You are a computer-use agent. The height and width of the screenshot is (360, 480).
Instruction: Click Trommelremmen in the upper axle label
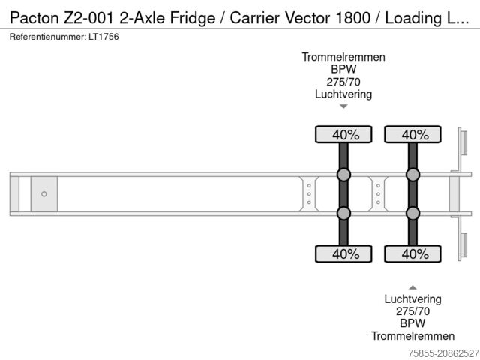click(x=343, y=57)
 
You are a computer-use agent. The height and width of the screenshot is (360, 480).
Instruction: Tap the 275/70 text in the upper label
click(x=343, y=82)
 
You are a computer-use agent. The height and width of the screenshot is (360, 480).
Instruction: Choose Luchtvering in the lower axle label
click(x=412, y=298)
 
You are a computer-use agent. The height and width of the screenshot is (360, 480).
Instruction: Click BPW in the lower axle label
click(x=412, y=323)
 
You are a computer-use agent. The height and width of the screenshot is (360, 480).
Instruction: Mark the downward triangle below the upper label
click(x=343, y=106)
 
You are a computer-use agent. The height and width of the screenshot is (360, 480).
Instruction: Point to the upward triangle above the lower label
click(x=412, y=286)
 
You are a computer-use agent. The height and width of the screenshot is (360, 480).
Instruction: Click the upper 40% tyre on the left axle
click(x=343, y=135)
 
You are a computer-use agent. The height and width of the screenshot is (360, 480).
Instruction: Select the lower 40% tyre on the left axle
click(x=343, y=253)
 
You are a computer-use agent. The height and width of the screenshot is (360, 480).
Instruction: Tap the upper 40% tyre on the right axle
click(x=412, y=135)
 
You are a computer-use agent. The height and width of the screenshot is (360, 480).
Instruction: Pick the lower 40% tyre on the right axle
click(x=412, y=253)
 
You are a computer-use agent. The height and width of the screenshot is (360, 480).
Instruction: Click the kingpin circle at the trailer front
click(x=44, y=194)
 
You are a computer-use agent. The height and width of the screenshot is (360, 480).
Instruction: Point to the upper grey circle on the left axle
click(x=343, y=175)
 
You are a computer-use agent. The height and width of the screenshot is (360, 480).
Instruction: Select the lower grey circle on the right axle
click(x=412, y=214)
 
